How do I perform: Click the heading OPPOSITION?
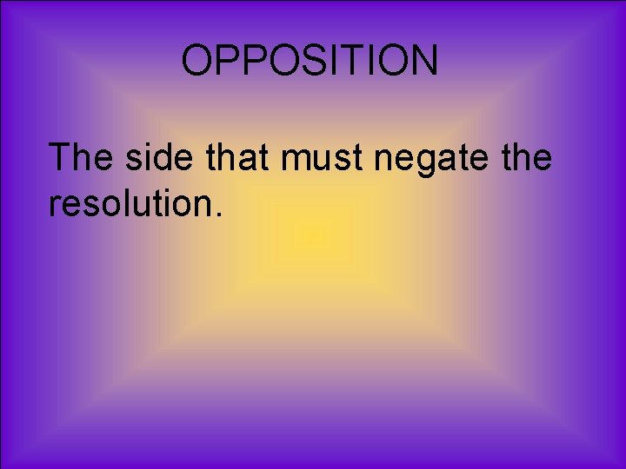tap(310, 62)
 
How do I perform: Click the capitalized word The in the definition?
tap(83, 158)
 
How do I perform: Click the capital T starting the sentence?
tap(61, 158)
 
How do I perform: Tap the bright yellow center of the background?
tap(313, 234)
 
